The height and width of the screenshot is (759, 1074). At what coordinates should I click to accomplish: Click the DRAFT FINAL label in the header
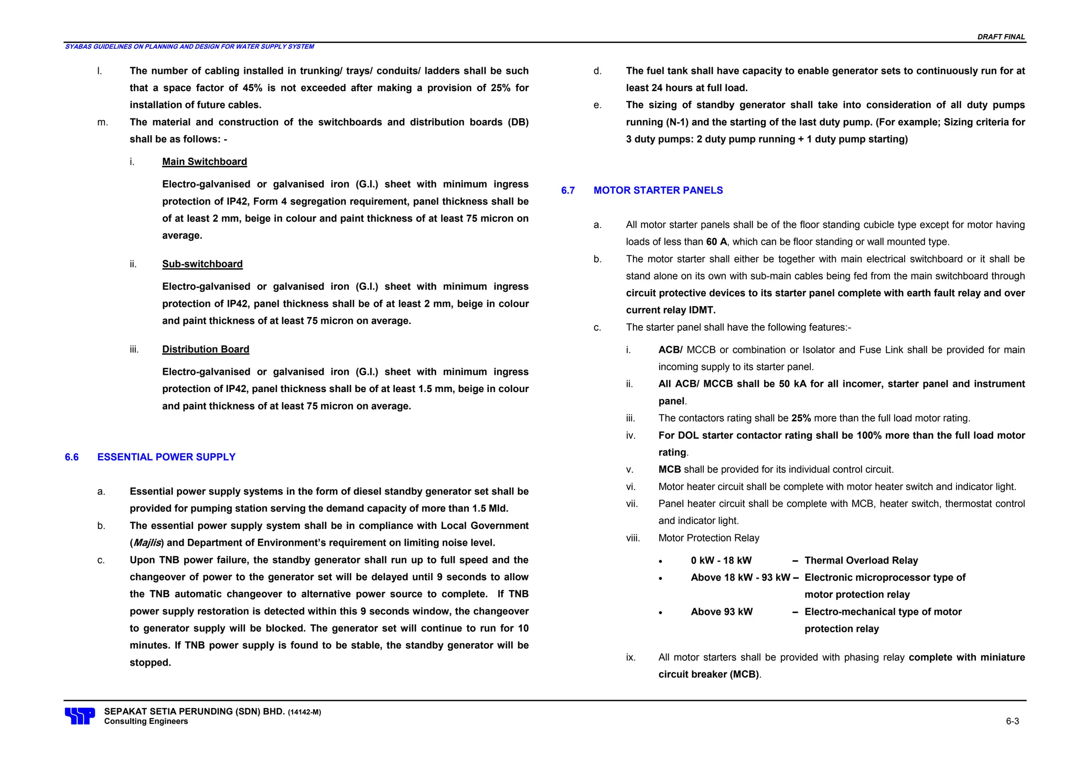(1001, 37)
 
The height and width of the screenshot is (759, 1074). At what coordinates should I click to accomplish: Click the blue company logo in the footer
(80, 716)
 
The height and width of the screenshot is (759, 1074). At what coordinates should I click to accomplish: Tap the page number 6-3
(1012, 721)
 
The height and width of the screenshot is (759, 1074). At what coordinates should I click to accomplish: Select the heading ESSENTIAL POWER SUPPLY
(166, 457)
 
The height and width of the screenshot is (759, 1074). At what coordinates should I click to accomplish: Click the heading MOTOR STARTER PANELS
(658, 190)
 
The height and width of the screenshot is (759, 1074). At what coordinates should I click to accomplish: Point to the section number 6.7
(568, 190)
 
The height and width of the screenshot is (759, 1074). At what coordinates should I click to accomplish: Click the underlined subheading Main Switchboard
(204, 161)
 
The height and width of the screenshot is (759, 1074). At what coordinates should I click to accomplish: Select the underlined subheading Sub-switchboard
(202, 264)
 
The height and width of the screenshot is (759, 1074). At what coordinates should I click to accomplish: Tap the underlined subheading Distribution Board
(206, 349)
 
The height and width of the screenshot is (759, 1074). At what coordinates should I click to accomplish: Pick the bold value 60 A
(716, 242)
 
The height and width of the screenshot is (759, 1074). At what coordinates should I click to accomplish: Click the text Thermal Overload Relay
(861, 560)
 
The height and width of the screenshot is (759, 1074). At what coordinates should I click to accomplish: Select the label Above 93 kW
(722, 612)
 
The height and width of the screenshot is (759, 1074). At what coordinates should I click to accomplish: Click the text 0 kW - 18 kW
(721, 560)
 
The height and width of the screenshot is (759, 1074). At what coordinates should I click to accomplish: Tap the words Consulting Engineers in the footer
(146, 721)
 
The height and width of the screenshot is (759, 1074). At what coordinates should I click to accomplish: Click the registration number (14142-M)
(304, 712)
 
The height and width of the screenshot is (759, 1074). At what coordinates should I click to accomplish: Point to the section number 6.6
(72, 457)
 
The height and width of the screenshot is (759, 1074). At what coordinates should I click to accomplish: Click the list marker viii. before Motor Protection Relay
(633, 538)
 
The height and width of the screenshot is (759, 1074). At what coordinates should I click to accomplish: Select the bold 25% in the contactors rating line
(801, 418)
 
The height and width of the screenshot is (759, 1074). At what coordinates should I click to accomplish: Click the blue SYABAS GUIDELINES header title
(189, 47)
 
